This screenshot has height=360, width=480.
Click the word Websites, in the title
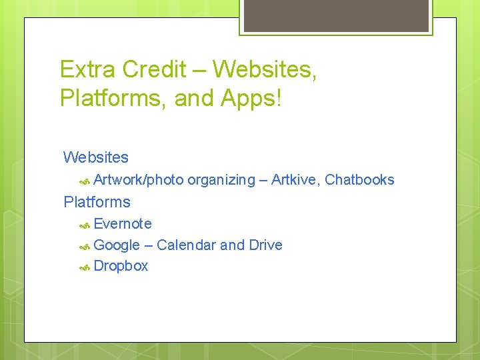(265, 69)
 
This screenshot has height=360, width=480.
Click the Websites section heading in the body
(96, 158)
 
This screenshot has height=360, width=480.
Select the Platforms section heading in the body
(97, 202)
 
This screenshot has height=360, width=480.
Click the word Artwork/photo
(139, 180)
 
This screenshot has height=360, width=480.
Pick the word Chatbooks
(359, 180)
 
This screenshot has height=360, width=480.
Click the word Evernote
(123, 224)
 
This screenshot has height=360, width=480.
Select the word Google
(117, 245)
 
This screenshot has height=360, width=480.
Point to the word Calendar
(186, 245)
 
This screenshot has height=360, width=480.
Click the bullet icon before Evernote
(85, 225)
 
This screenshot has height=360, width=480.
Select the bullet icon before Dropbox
(85, 267)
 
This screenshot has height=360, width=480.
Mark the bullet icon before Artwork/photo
(85, 181)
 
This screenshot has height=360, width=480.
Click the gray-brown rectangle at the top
(335, 15)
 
